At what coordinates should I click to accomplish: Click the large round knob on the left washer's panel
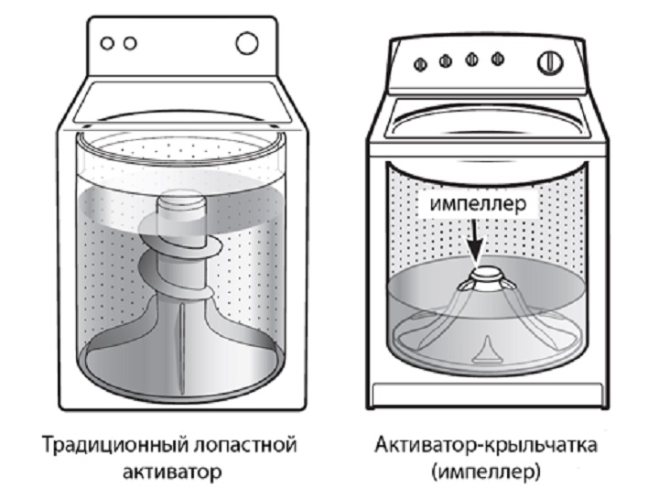click(246, 42)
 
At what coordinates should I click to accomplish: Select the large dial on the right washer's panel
click(546, 63)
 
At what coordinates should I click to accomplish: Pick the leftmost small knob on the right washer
click(421, 64)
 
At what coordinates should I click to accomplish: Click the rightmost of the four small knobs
click(496, 60)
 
